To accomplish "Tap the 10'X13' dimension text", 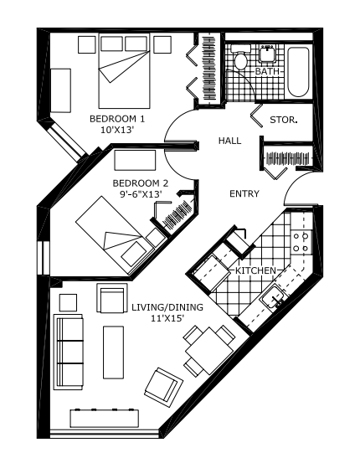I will (x=117, y=131).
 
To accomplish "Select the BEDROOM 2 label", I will (x=141, y=183).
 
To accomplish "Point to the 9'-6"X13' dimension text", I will (x=141, y=194).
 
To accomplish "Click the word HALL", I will (x=229, y=141).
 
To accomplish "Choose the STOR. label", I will (x=284, y=121).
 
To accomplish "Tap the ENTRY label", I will (x=244, y=194).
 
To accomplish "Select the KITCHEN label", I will (x=255, y=271).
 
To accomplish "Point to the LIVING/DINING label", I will (x=167, y=308).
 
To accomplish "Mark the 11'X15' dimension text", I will (x=167, y=320).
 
